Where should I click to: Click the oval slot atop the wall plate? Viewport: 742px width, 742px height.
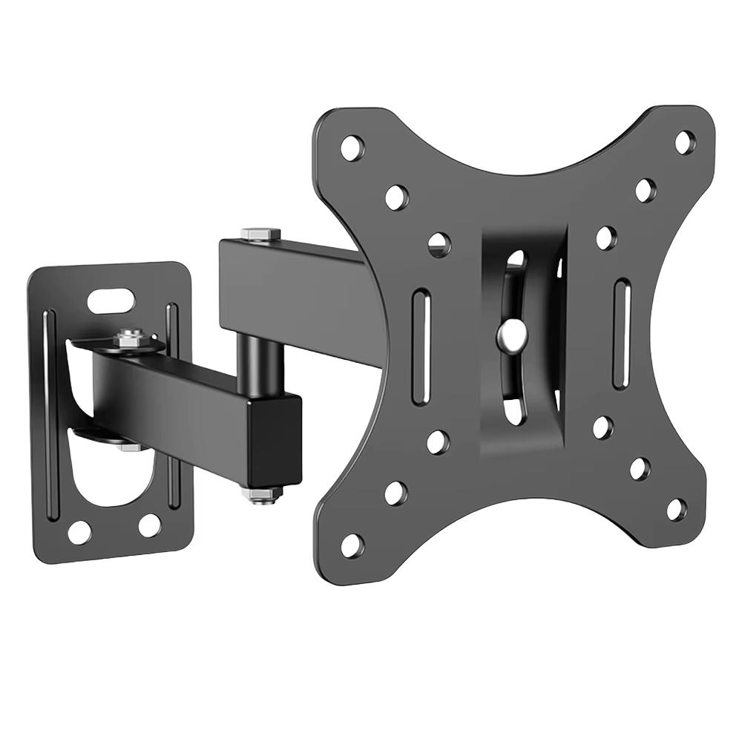pyautogui.click(x=111, y=301)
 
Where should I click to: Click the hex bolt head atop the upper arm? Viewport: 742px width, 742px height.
pyautogui.click(x=260, y=234)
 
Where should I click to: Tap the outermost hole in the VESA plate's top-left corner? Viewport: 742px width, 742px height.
pyautogui.click(x=352, y=147)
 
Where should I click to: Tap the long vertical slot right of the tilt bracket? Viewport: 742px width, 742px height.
pyautogui.click(x=622, y=332)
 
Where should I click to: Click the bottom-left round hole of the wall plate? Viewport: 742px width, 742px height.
pyautogui.click(x=79, y=531)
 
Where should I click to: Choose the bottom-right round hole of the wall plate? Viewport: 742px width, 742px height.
pyautogui.click(x=149, y=525)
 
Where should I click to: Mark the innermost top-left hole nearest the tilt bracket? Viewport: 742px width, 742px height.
pyautogui.click(x=439, y=243)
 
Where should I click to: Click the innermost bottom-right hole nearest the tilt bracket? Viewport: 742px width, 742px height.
pyautogui.click(x=603, y=427)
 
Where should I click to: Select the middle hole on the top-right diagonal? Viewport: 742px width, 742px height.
pyautogui.click(x=646, y=189)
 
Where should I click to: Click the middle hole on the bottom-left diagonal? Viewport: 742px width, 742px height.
pyautogui.click(x=395, y=493)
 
